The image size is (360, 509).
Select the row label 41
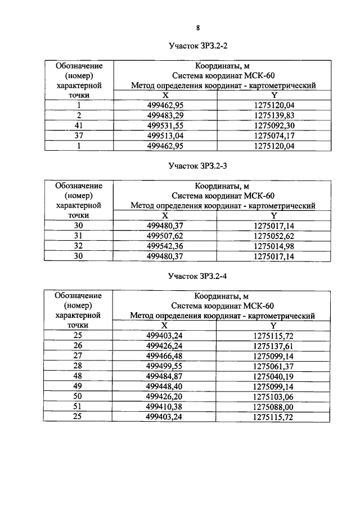[79, 125]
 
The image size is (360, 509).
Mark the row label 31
[79, 236]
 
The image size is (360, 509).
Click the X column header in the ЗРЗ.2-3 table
[165, 215]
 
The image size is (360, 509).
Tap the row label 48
[79, 376]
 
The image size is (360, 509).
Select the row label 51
[79, 406]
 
